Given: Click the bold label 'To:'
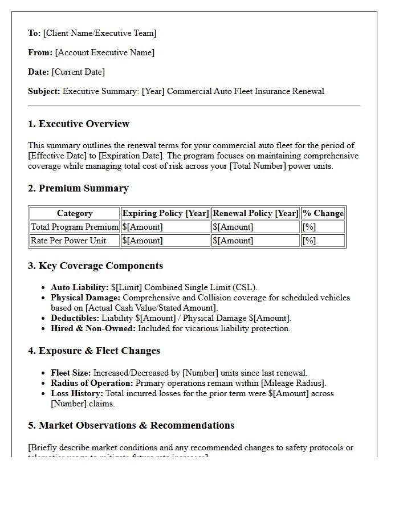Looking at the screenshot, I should pos(34,33).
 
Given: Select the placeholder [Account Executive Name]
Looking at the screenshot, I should pos(105,52).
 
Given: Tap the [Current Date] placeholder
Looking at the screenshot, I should pos(78,72).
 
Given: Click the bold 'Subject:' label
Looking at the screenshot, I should pos(44,91).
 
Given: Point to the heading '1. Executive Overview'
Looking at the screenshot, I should pos(79,124).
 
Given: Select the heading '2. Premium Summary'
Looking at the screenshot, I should pos(78,188).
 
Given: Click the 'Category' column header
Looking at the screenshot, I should pos(75,213).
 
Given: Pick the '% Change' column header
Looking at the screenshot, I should pos(323,213).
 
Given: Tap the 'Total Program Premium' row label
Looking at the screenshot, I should pos(75,227).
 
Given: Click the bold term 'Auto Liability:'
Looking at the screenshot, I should pos(79,287).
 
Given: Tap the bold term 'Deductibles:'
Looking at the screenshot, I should pos(75,318).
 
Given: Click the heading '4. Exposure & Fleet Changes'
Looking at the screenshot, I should pos(93,351).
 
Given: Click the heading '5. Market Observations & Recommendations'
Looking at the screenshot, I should pos(131,425).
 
